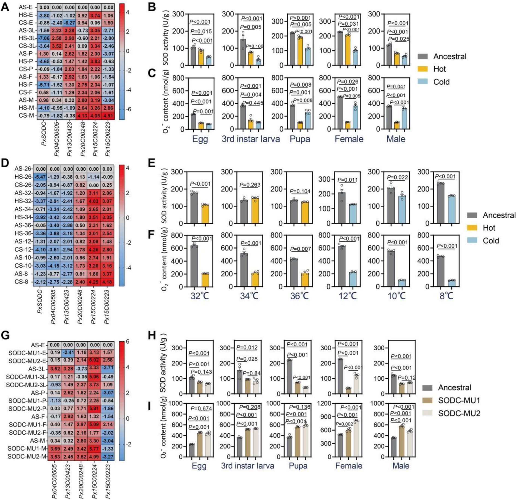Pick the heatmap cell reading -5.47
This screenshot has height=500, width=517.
click(x=40, y=177)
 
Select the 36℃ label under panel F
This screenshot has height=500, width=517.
click(x=300, y=296)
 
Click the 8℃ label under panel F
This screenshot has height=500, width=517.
click(x=446, y=296)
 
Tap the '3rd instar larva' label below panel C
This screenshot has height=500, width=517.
click(x=250, y=139)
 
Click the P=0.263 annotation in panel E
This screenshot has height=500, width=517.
click(x=250, y=185)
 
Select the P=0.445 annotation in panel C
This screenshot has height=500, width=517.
click(x=252, y=103)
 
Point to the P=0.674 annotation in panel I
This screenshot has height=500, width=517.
click(x=201, y=409)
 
